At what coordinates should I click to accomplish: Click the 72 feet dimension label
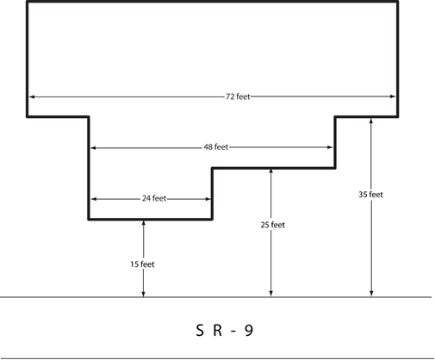point(238,96)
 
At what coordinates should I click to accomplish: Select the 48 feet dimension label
point(216,147)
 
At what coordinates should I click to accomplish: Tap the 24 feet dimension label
point(154,198)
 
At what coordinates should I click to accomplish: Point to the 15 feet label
point(142,264)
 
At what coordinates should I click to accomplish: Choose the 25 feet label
point(273,225)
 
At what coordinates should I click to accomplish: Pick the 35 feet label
point(370,195)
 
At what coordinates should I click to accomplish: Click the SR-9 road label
point(225,330)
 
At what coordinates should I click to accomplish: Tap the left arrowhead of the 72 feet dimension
point(32,96)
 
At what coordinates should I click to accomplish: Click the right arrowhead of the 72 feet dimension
point(393,96)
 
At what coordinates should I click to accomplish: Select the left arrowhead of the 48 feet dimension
point(93,148)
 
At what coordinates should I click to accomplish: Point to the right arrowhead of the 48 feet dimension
point(330,147)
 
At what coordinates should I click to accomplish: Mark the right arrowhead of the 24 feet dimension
point(208,199)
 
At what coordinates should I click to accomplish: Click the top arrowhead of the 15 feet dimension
point(144,223)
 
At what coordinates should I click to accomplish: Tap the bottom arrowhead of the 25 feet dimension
point(270,294)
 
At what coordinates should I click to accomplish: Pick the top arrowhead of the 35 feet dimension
point(371,121)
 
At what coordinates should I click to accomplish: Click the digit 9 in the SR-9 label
point(249,330)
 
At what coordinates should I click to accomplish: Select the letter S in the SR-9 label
point(200,330)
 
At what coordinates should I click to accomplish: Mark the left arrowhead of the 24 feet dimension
point(94,199)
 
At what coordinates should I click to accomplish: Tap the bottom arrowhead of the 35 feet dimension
point(371,294)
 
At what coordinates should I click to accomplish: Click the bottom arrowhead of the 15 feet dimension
point(144,294)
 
